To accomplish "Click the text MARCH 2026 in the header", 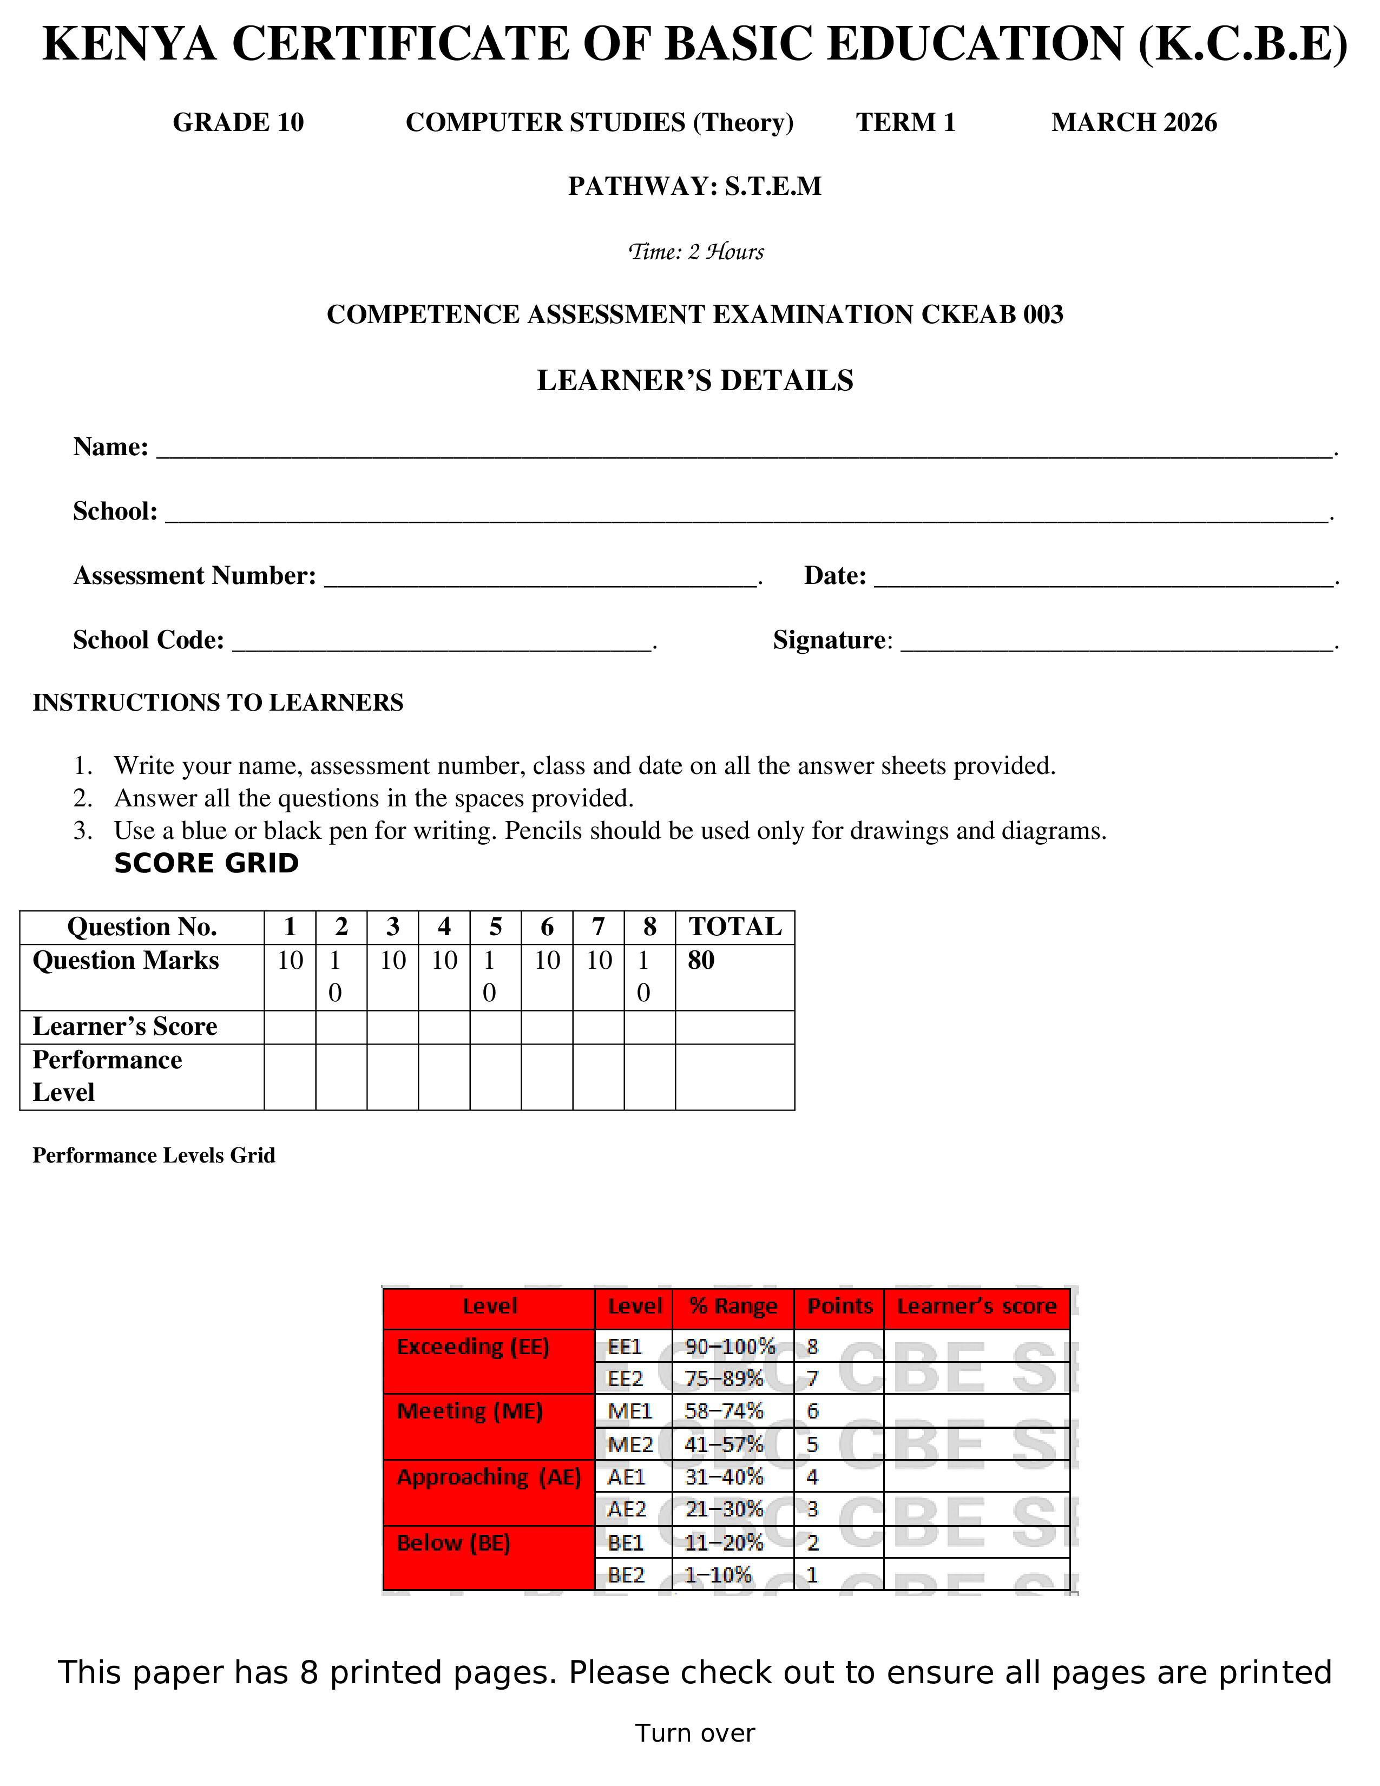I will (1133, 123).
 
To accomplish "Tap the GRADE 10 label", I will (238, 123).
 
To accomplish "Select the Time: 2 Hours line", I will (695, 252).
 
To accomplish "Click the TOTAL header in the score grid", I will (734, 927).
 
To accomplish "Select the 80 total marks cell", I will (701, 961).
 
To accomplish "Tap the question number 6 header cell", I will (547, 927).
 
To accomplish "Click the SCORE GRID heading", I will (206, 864).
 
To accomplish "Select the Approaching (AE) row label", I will (488, 1478).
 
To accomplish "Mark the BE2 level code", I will (626, 1575).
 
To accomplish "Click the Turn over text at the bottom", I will (695, 1733).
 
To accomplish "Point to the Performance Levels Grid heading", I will (154, 1155).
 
